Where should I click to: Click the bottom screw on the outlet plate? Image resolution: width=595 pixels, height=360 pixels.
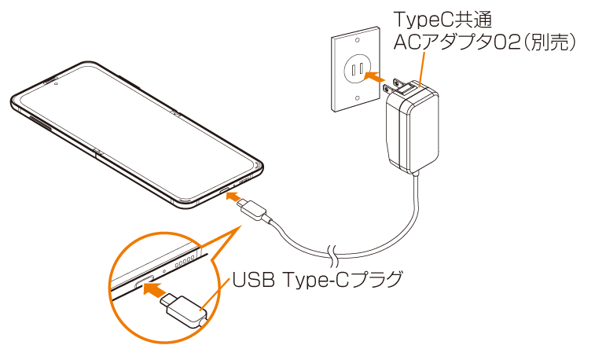click(x=358, y=99)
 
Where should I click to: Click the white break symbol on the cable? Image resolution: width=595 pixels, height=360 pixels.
click(x=333, y=254)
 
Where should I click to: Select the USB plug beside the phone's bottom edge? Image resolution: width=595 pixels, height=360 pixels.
click(x=256, y=211)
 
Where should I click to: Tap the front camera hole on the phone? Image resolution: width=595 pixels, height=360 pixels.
click(x=57, y=81)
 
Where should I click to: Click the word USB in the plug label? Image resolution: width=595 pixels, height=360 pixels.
click(x=252, y=278)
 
